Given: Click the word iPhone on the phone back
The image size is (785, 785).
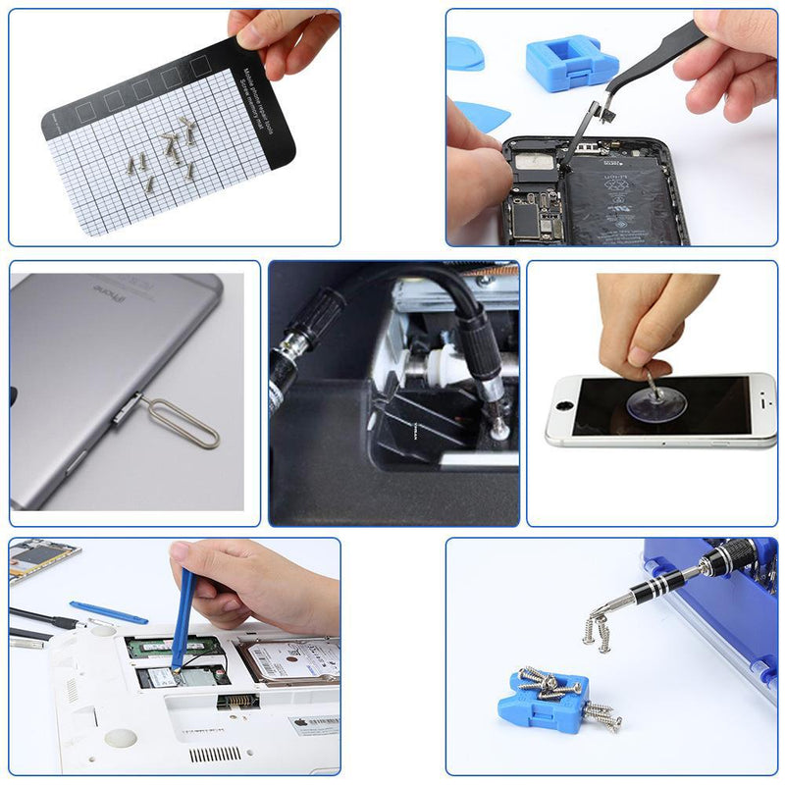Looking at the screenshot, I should click(108, 292).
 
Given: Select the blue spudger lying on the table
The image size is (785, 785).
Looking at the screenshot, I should click(108, 612).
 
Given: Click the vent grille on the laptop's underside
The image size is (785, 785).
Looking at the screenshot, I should click(213, 754).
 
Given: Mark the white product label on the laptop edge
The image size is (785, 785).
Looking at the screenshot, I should click(313, 725).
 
